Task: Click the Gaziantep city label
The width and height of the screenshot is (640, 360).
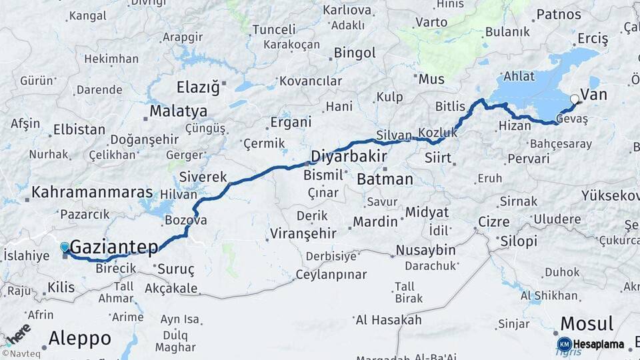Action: tap(114, 247)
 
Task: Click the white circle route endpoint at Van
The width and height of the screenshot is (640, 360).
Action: tap(575, 99)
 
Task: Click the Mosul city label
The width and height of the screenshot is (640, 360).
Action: tap(586, 324)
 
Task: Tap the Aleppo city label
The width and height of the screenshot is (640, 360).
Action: tap(80, 339)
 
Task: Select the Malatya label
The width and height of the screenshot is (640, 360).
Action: tap(178, 111)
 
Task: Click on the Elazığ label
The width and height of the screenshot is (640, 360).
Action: tap(197, 87)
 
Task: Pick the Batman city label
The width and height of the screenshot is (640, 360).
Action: tap(385, 179)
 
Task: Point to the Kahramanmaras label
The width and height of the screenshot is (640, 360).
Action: tap(92, 192)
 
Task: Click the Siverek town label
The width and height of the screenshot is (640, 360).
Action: tap(203, 177)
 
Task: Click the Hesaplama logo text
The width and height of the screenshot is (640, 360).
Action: tap(599, 345)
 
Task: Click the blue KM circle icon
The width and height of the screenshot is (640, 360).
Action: tap(564, 345)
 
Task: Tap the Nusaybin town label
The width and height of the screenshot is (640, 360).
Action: tap(425, 250)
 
